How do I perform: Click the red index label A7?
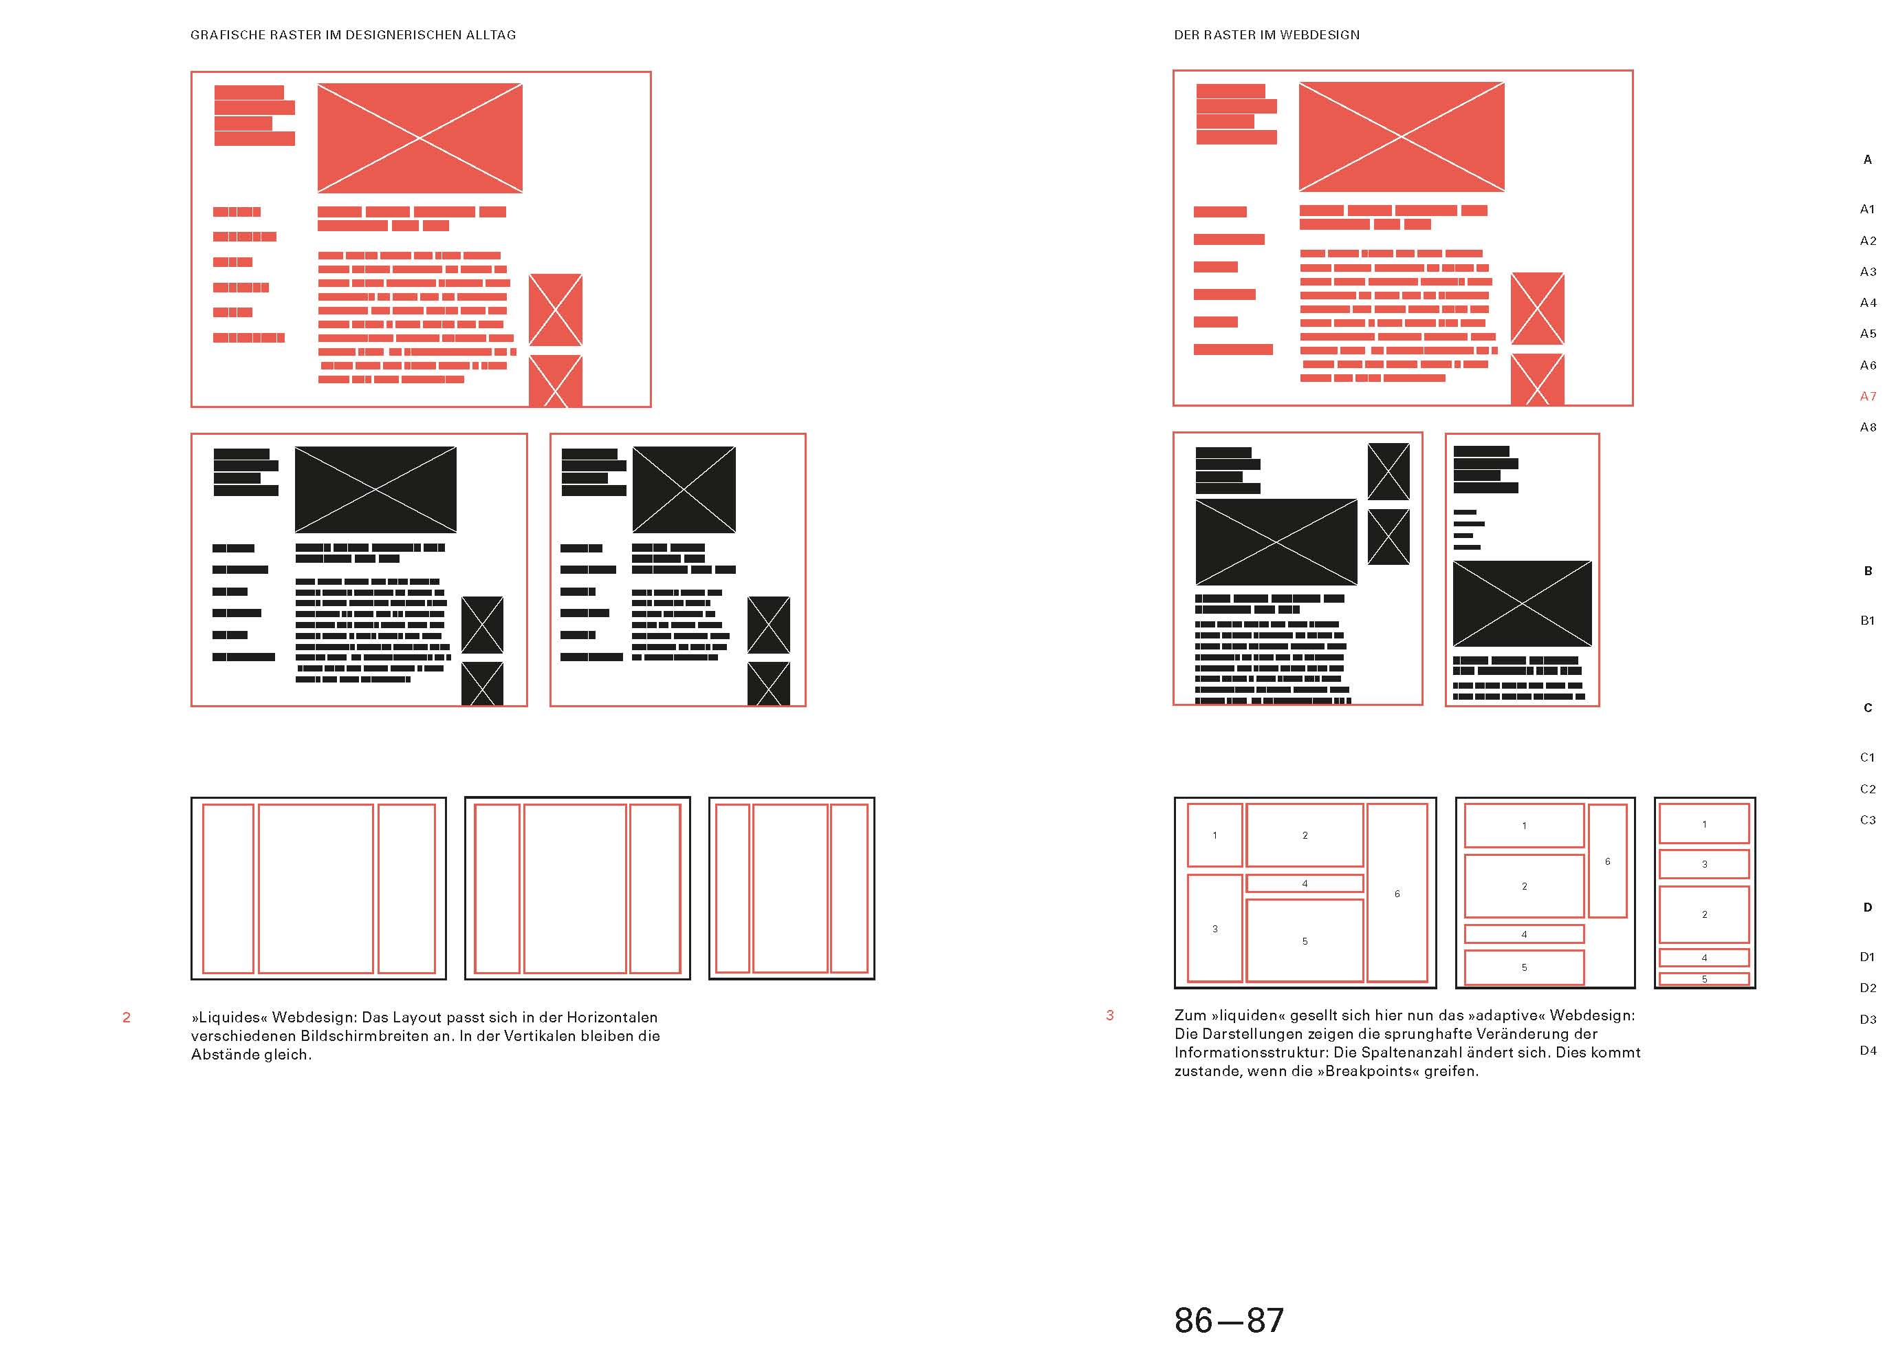pos(1868,396)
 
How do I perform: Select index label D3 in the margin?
pos(1868,1019)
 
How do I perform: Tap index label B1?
pos(1867,621)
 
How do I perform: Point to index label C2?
pos(1868,788)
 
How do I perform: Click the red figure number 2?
pos(127,1017)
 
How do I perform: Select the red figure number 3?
pos(1109,1015)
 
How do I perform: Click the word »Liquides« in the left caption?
pos(229,1017)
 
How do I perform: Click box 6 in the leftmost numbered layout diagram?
pos(1397,892)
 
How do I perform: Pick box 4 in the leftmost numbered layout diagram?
pos(1305,883)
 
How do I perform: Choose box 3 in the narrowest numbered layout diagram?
pos(1703,863)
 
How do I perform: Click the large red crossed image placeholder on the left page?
pos(420,138)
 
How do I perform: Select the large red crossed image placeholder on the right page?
pos(1402,136)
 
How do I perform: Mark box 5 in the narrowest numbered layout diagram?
pos(1703,979)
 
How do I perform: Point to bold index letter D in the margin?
pos(1867,907)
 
